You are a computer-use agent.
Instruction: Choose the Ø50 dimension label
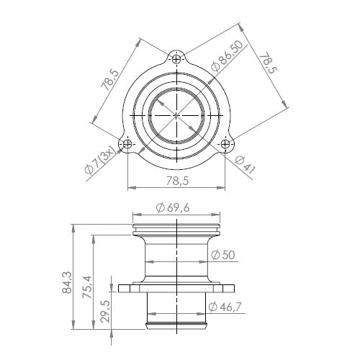pyautogui.click(x=224, y=255)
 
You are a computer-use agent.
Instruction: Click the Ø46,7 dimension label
pyautogui.click(x=226, y=307)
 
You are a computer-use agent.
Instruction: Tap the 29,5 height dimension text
pyautogui.click(x=106, y=312)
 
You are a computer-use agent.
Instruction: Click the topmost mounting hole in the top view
pyautogui.click(x=177, y=57)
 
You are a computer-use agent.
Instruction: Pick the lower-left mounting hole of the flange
pyautogui.click(x=127, y=144)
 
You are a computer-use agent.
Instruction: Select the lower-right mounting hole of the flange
pyautogui.click(x=227, y=144)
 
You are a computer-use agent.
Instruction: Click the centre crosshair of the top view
pyautogui.click(x=177, y=114)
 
